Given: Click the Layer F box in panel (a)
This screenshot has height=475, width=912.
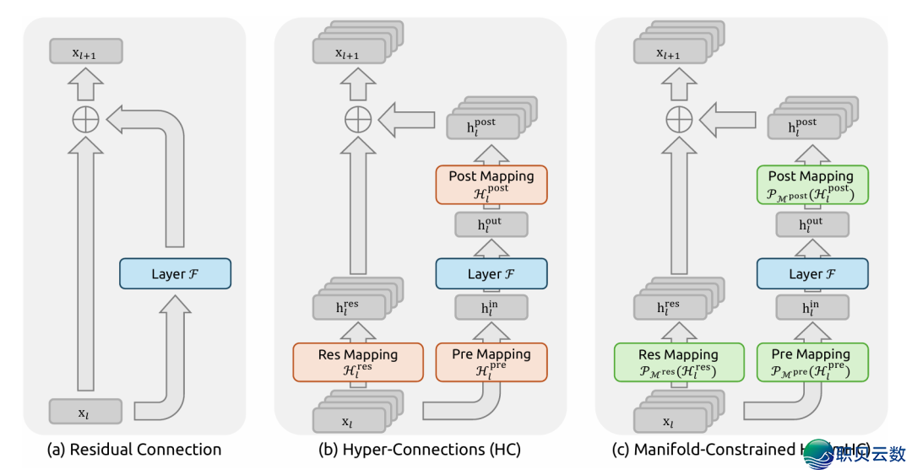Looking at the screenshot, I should tap(175, 274).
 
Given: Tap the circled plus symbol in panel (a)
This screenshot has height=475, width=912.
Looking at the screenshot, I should tap(86, 120).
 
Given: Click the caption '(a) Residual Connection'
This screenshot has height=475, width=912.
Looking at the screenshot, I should tap(133, 450).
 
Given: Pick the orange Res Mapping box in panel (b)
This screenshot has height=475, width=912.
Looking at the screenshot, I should tap(357, 361).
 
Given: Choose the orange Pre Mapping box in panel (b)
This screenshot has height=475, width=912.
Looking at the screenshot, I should tap(491, 361).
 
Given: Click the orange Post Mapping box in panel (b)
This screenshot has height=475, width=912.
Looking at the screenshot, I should tap(491, 184).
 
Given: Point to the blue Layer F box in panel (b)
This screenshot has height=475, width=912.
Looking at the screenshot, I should tap(491, 274).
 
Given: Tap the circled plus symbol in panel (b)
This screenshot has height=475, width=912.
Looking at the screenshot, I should tap(358, 120).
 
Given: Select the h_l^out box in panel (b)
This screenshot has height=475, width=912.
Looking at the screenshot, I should tap(491, 224).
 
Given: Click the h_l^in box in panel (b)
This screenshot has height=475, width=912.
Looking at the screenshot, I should tap(491, 308).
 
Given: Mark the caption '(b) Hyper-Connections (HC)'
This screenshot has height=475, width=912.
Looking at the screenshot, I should tap(420, 450).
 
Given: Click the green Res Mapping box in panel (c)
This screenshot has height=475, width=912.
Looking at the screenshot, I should tap(678, 361).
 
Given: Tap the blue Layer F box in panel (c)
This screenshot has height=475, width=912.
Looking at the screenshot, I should tap(812, 274).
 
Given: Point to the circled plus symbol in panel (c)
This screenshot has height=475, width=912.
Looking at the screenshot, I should tap(678, 120).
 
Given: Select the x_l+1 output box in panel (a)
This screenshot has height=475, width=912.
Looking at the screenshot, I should tap(86, 52).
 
